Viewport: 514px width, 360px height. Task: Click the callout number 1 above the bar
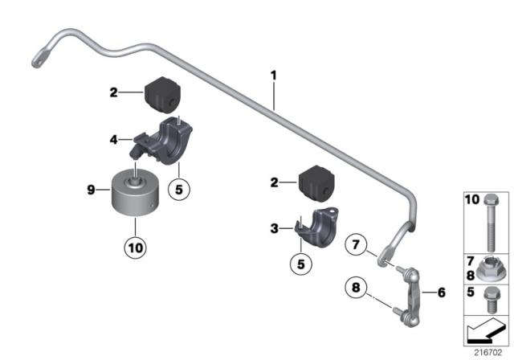(273, 76)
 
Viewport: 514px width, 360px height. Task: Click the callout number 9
(91, 190)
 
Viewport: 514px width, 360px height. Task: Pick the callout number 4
(115, 139)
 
